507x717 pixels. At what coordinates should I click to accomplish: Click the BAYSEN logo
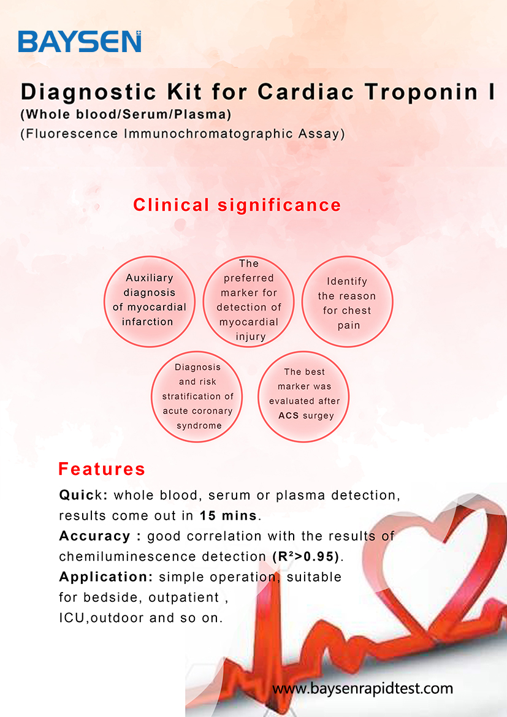click(x=80, y=42)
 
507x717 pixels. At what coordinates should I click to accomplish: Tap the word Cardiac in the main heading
click(x=306, y=91)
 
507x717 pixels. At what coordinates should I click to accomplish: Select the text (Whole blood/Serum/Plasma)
click(x=126, y=115)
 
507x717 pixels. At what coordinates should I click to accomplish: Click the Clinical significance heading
click(x=237, y=205)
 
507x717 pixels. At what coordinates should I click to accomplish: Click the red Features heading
click(x=102, y=469)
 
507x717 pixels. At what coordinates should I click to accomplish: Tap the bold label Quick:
click(x=83, y=495)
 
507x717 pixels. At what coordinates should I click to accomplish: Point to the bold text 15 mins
click(x=228, y=515)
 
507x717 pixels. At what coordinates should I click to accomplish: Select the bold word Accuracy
click(x=95, y=536)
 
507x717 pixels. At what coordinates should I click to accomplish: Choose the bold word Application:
click(x=106, y=577)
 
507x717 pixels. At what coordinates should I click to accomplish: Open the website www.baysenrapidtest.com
click(x=362, y=688)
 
